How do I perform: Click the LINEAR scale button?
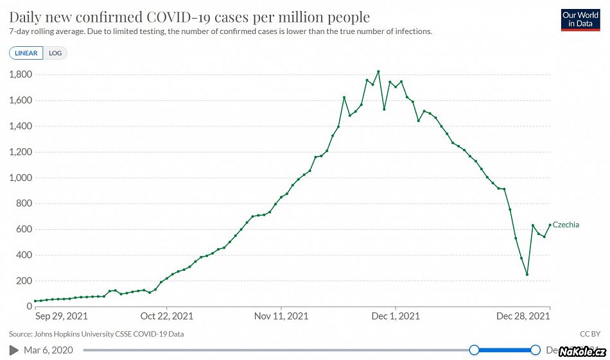coord(26,53)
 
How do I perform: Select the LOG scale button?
coord(55,53)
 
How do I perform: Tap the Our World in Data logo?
coord(580,19)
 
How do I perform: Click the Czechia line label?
coord(566,225)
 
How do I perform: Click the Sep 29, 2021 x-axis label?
coord(61,316)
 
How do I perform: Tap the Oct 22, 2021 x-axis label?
coord(166,316)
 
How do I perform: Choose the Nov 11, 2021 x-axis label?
coord(281,316)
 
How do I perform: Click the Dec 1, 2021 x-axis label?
coord(396,316)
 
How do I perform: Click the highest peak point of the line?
coord(378,71)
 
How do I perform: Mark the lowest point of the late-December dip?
coord(527,275)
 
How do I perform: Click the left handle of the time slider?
coord(474,350)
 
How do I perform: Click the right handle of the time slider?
coord(535,350)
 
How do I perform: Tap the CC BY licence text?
coord(589,334)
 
